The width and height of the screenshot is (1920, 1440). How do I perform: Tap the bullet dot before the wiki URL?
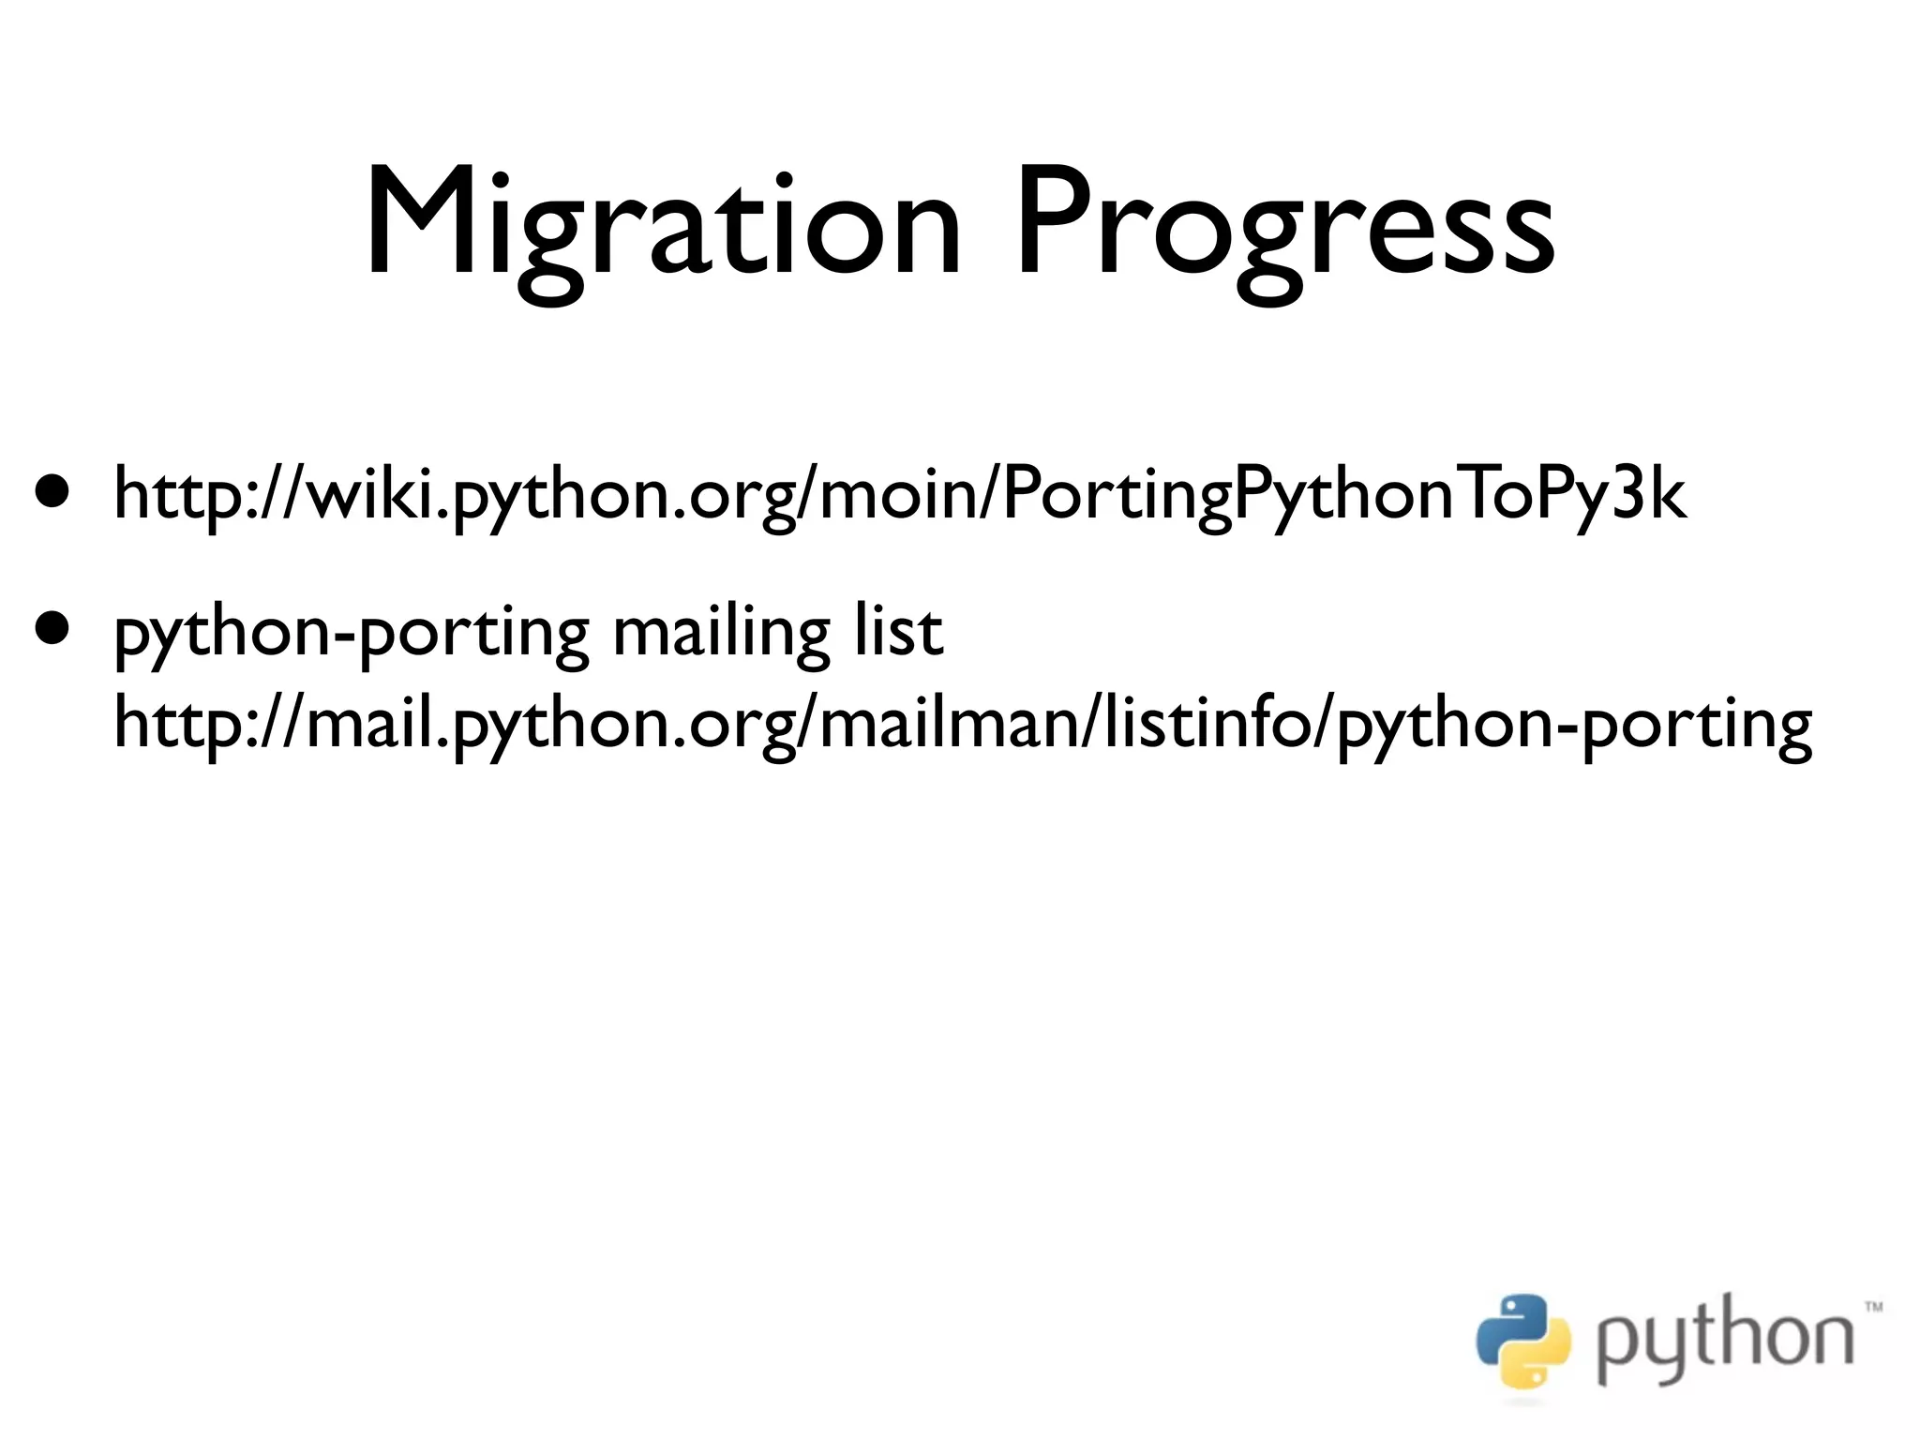tap(52, 490)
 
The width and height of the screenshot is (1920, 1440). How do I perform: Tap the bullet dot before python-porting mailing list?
tap(52, 626)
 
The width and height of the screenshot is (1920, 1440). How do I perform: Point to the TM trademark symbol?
tap(1872, 1306)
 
